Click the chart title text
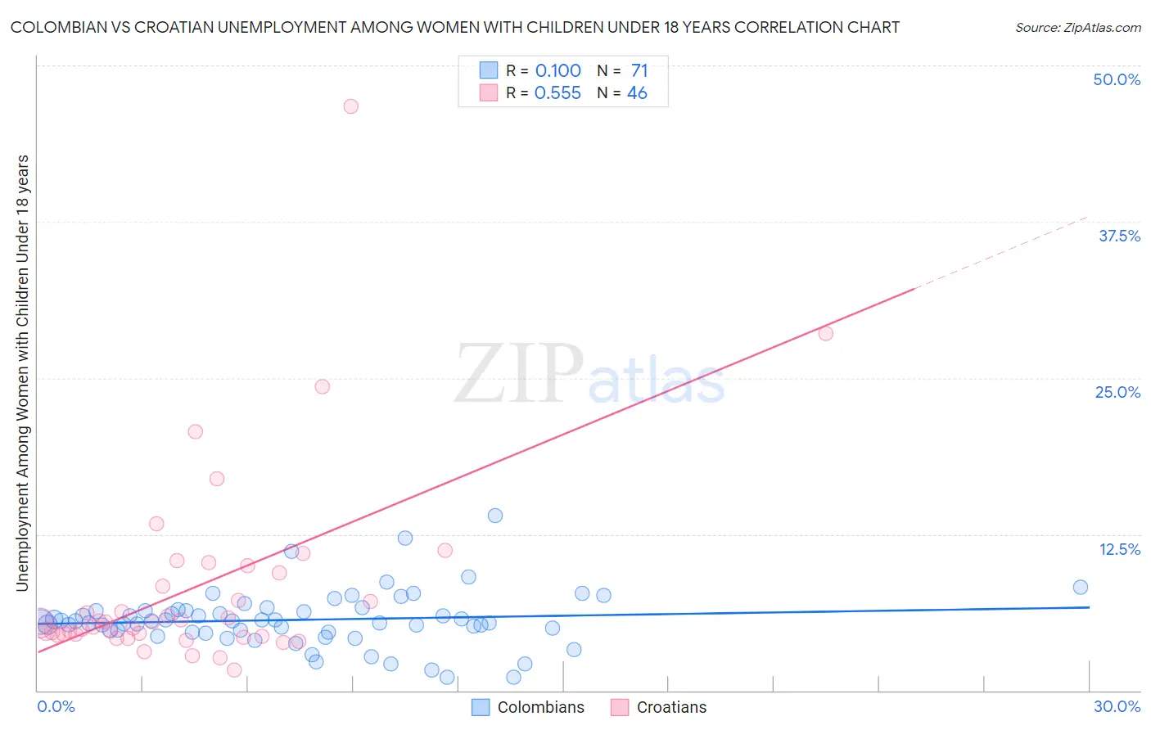click(455, 27)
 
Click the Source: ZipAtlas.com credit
click(1077, 27)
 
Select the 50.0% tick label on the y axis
click(1117, 79)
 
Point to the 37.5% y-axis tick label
click(1119, 236)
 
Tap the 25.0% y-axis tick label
click(1117, 392)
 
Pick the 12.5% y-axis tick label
click(1119, 549)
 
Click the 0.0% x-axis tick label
click(56, 706)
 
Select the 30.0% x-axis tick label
click(1117, 706)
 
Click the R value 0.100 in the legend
click(557, 71)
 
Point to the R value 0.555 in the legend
click(557, 93)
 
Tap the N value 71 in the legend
click(639, 71)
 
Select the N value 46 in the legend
click(637, 93)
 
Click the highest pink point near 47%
click(351, 106)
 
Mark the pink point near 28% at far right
click(826, 333)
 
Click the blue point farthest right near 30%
click(1081, 587)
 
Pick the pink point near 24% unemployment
click(323, 386)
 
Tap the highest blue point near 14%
click(495, 516)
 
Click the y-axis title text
click(22, 372)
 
